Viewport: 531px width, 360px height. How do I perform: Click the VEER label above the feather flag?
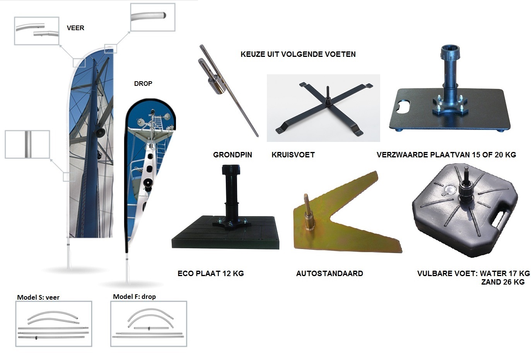[x=75, y=28]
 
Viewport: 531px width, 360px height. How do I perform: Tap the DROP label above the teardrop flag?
[x=143, y=84]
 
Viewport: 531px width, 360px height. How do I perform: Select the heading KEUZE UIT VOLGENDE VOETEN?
[x=298, y=54]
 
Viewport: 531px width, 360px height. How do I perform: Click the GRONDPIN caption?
[x=232, y=155]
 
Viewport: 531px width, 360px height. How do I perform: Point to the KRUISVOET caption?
[x=293, y=155]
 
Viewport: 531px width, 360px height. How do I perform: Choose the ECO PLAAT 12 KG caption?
[x=210, y=273]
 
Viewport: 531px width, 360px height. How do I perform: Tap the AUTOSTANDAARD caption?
[x=330, y=273]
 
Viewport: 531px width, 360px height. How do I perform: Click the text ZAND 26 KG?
[x=502, y=282]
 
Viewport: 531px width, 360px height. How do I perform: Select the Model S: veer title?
[x=38, y=297]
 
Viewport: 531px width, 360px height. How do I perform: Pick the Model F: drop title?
[x=134, y=297]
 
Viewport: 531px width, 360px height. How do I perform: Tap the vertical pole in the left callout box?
[x=28, y=144]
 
